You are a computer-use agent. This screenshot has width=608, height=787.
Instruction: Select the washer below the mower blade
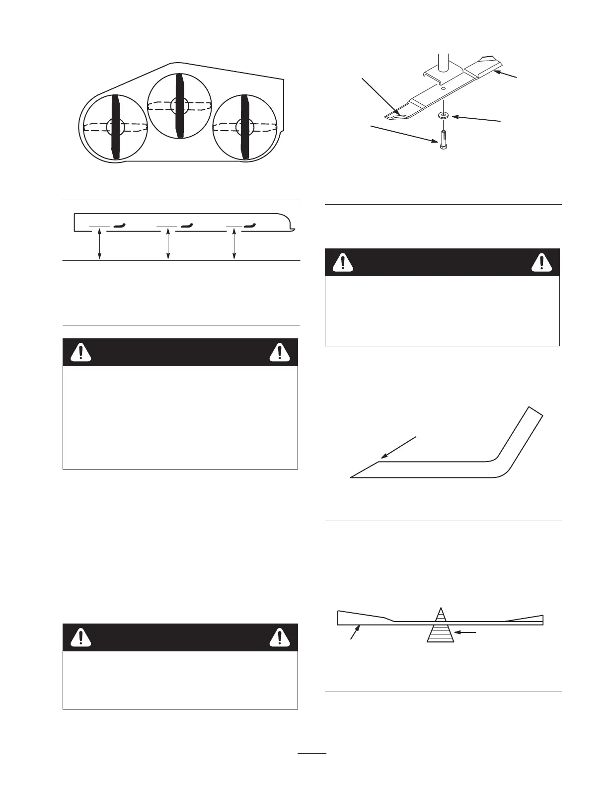coord(442,115)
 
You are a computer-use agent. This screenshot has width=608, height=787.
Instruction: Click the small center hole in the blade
coord(442,90)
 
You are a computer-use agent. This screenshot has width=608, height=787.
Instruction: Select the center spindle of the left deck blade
coord(114,127)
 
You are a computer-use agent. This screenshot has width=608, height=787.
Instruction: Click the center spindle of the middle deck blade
coord(179,105)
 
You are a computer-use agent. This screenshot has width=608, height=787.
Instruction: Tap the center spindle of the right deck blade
coord(243,126)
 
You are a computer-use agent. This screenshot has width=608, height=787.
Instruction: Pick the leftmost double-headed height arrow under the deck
coord(100,243)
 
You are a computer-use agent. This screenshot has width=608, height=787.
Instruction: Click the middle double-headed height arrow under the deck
coord(168,243)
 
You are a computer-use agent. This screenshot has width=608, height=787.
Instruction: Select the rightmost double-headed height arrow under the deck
coord(234,243)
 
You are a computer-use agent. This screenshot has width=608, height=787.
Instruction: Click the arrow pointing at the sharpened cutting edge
coord(398,447)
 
